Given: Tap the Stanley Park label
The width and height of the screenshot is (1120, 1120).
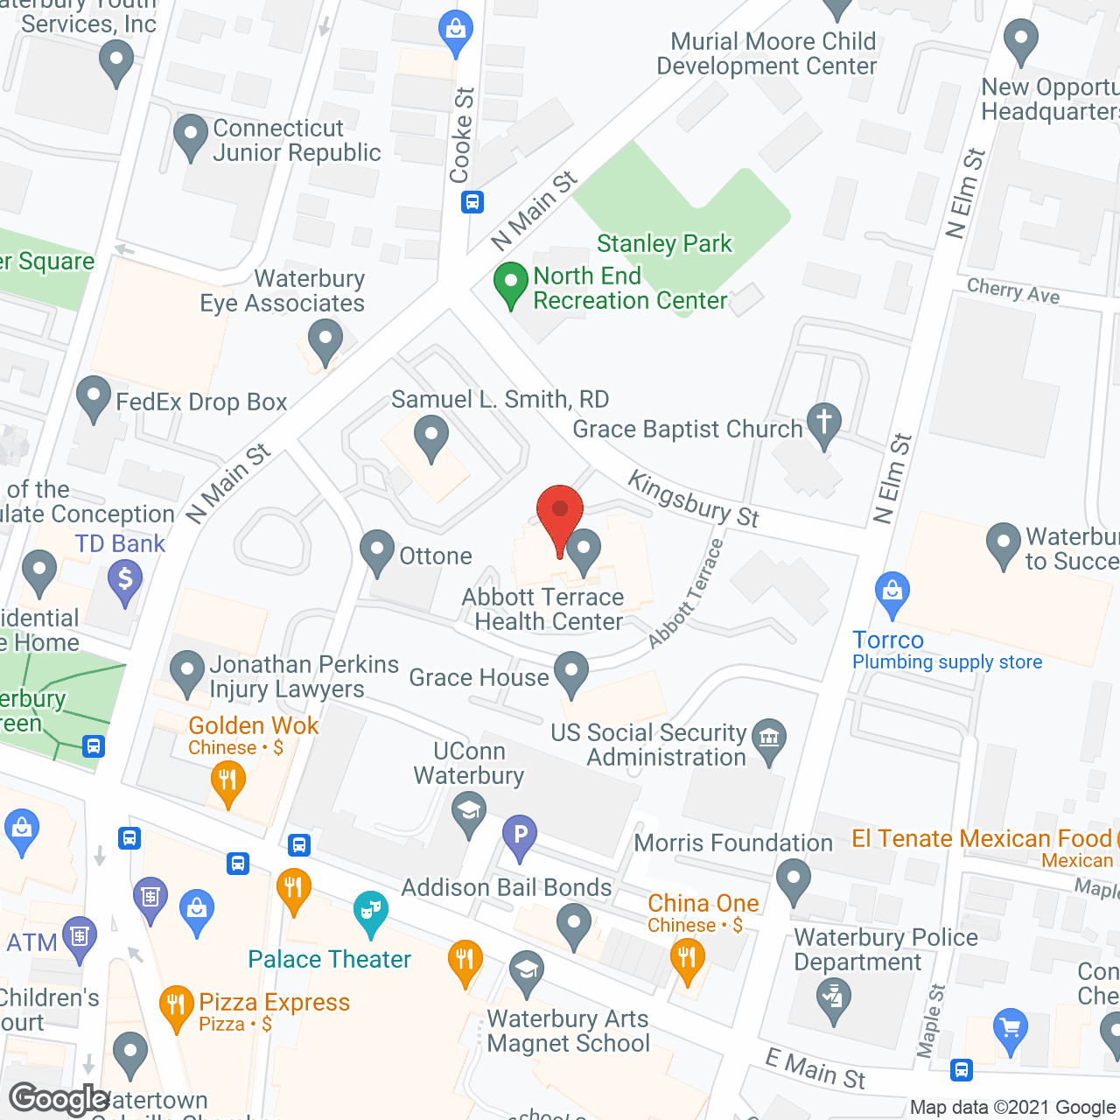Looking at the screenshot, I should pyautogui.click(x=663, y=243).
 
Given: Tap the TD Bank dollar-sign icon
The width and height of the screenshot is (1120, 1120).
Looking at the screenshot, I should pyautogui.click(x=125, y=581).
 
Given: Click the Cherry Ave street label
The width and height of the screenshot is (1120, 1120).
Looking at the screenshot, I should pyautogui.click(x=1012, y=291).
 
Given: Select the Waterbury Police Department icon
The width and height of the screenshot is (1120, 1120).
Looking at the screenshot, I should pyautogui.click(x=832, y=999).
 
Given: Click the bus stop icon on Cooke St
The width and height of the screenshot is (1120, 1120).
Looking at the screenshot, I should pyautogui.click(x=472, y=202).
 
